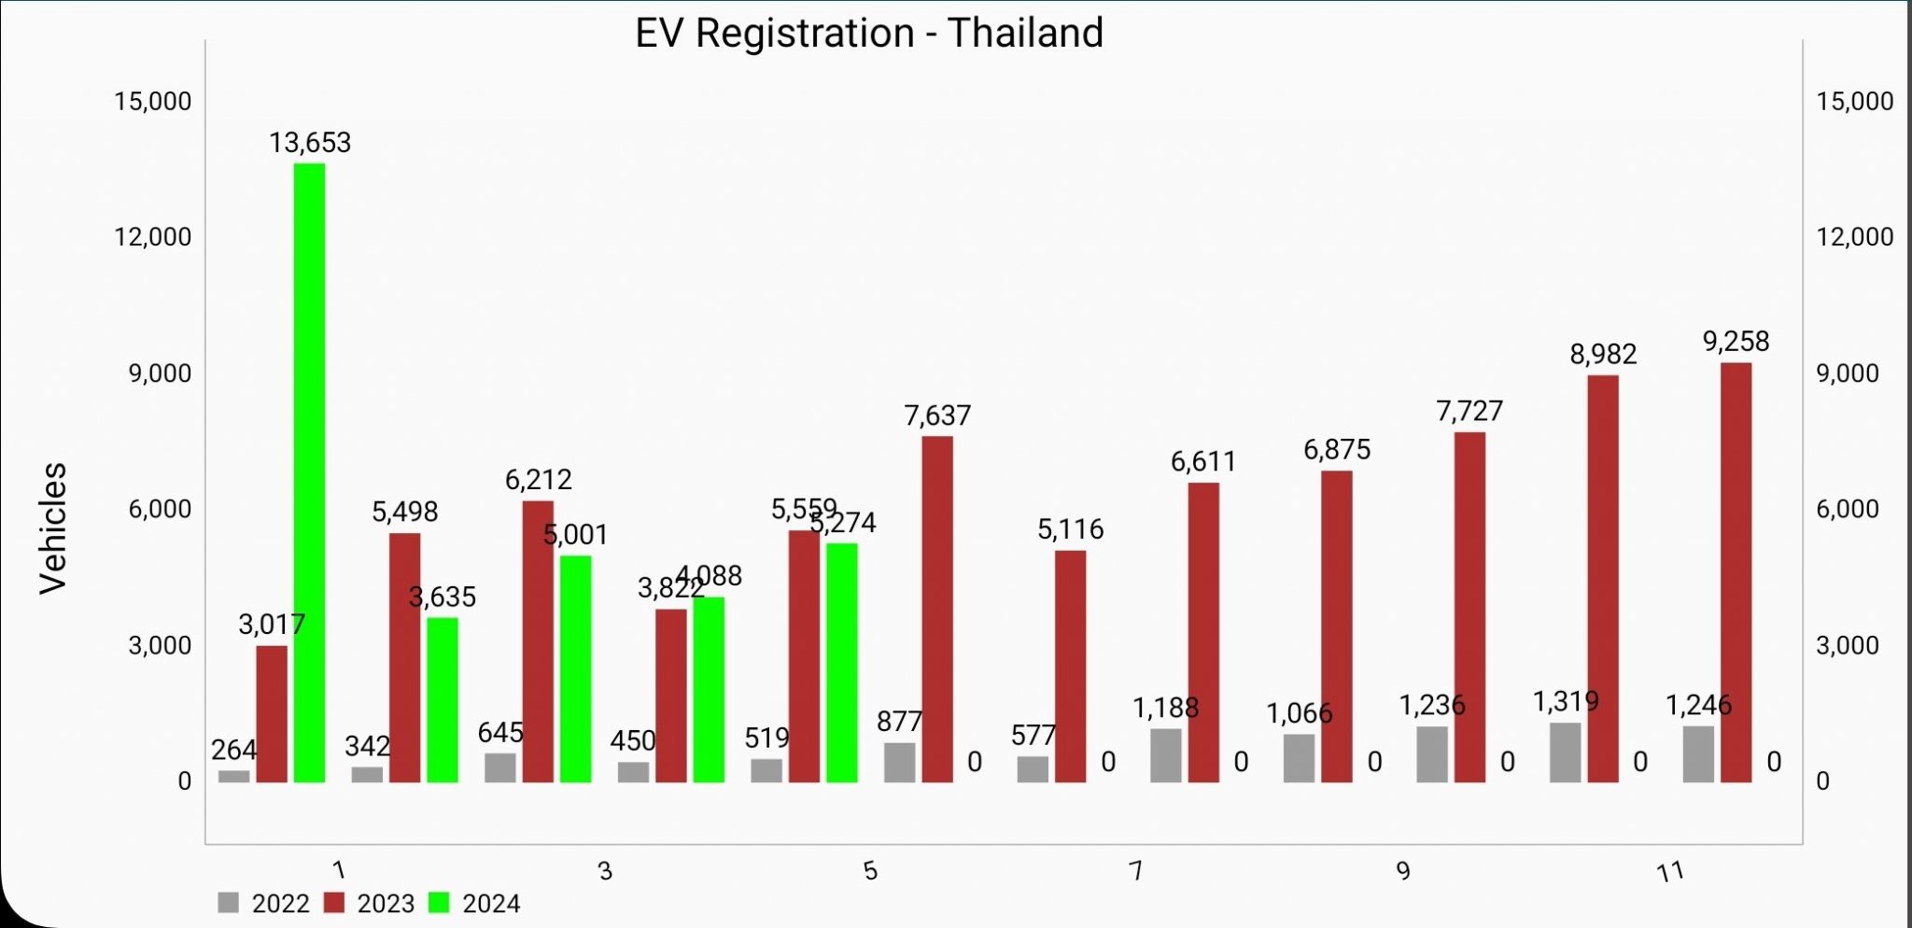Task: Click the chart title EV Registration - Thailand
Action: point(869,34)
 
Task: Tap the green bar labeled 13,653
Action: point(309,472)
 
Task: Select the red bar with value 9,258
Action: point(1736,571)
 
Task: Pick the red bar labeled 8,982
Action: point(1603,578)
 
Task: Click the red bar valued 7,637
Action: point(937,609)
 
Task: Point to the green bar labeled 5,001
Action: point(575,668)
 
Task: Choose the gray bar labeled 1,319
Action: point(1565,752)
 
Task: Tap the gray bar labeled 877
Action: point(899,762)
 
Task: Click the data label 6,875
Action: point(1337,450)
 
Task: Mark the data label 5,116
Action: point(1070,530)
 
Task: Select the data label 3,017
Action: point(271,625)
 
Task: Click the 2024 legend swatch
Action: point(438,903)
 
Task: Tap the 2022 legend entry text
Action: point(280,904)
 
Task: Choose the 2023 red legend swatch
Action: point(334,903)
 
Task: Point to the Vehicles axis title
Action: point(53,527)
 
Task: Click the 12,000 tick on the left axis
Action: point(153,237)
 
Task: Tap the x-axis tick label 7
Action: point(1135,871)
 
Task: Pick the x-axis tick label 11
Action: point(1669,872)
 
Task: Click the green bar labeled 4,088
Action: point(708,689)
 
